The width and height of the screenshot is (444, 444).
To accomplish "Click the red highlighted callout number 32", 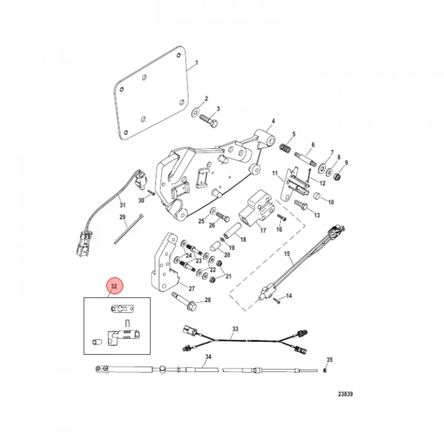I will click(114, 286).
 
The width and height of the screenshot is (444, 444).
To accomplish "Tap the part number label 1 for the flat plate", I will click(196, 63).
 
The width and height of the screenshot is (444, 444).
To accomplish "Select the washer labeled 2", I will click(195, 111).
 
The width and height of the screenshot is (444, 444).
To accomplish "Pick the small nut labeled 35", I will click(324, 370).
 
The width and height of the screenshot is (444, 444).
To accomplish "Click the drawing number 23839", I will click(344, 394).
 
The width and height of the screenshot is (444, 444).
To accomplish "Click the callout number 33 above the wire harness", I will click(235, 329).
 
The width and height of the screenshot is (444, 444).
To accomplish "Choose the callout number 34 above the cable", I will click(208, 357).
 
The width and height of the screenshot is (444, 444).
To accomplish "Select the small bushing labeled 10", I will click(317, 195).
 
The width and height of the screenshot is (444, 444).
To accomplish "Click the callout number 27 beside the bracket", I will click(191, 289).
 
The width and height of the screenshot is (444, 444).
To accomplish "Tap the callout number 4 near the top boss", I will click(273, 121).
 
